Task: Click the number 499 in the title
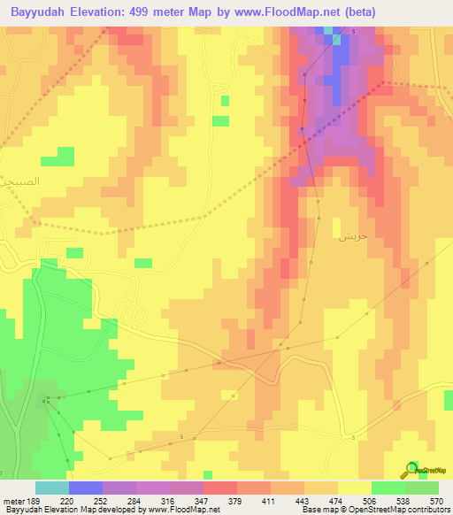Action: [142, 12]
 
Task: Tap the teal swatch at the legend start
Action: [51, 488]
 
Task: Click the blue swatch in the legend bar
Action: [85, 488]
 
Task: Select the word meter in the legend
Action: [15, 500]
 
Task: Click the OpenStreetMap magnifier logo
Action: [411, 470]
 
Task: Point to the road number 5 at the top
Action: [352, 32]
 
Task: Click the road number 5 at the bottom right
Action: [352, 438]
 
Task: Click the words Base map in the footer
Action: [317, 510]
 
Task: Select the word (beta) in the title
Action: [355, 12]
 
